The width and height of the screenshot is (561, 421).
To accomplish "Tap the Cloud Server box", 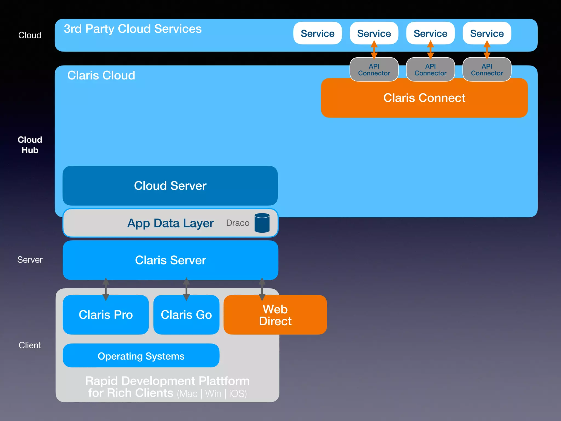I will click(x=170, y=186).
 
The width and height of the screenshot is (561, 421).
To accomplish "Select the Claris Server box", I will click(x=170, y=260).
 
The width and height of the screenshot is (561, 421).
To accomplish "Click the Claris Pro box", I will click(x=106, y=315).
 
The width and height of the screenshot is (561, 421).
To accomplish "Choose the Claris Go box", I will click(x=186, y=315).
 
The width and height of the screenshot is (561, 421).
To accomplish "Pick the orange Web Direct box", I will click(x=275, y=315).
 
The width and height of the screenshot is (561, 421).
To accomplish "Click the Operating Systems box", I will click(x=141, y=356).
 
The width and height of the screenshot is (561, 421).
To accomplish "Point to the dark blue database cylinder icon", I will click(x=262, y=223).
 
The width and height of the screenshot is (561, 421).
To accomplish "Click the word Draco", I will click(x=237, y=223).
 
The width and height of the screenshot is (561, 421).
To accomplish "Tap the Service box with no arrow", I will click(x=317, y=33).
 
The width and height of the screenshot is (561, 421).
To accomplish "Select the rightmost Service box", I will click(x=487, y=33).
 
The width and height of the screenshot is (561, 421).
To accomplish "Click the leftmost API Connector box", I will click(x=374, y=70).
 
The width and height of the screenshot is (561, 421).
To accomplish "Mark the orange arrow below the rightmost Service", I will click(x=487, y=50).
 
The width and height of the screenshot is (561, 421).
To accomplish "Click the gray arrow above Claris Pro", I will click(x=106, y=289).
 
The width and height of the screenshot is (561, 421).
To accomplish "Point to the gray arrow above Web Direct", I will click(x=262, y=289).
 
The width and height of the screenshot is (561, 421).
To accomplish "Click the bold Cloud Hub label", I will click(x=30, y=145).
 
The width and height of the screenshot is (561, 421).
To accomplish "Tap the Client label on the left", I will click(x=30, y=345).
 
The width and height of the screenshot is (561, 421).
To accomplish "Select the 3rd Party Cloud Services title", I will click(x=133, y=29).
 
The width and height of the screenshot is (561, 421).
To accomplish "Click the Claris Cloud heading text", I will click(x=101, y=75).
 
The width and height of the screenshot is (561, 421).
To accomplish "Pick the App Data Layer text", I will click(x=170, y=223).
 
